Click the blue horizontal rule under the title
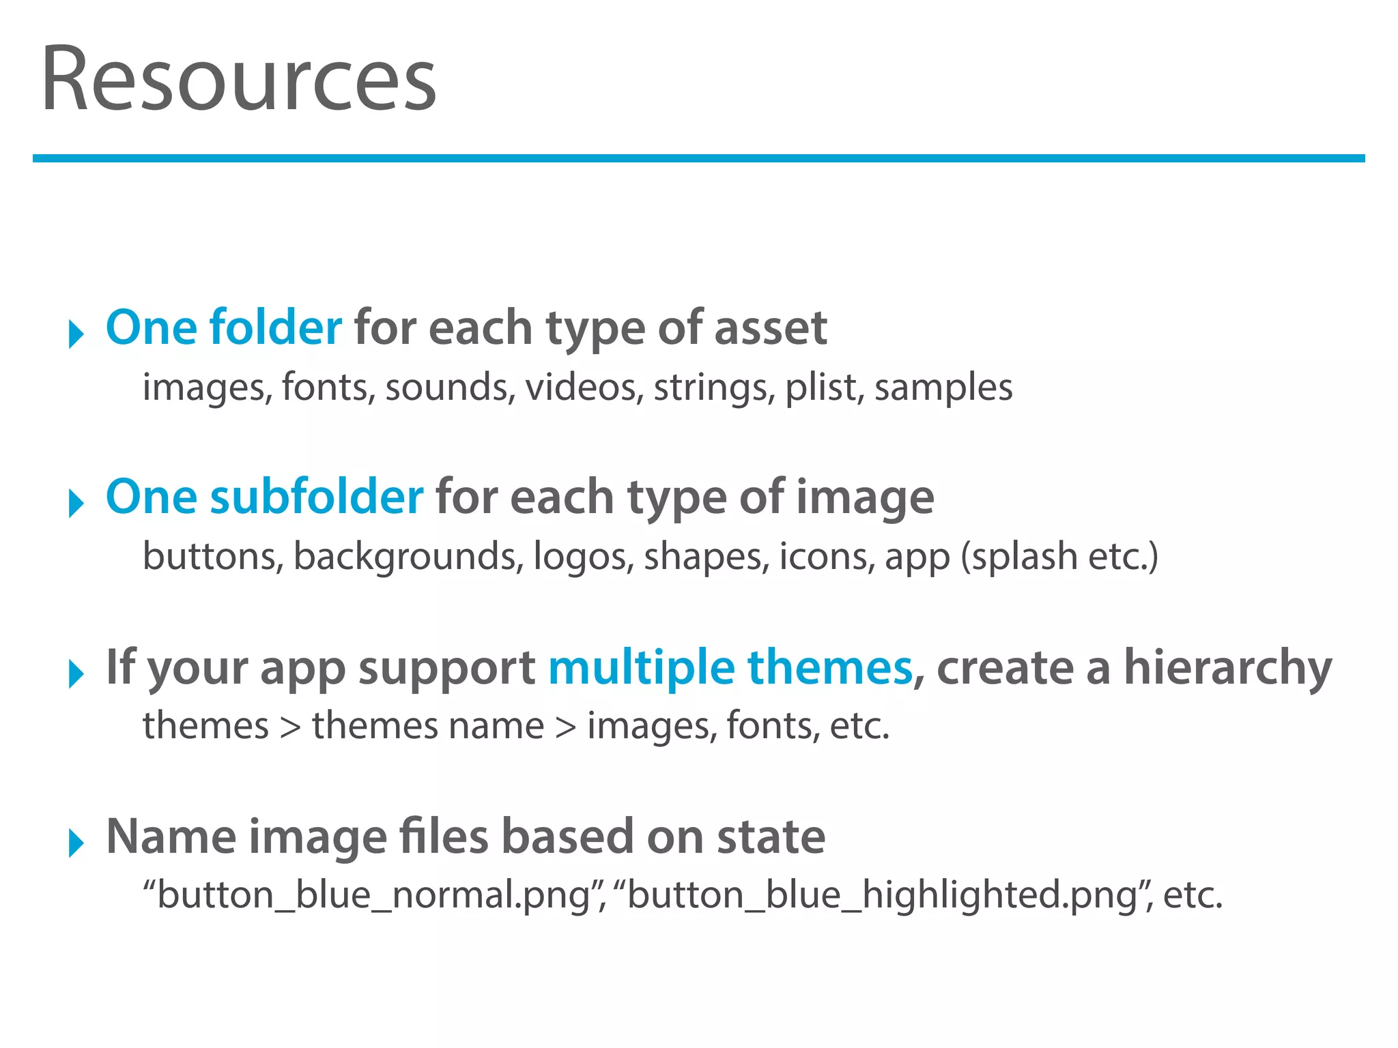pyautogui.click(x=698, y=158)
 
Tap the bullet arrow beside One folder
pyautogui.click(x=76, y=334)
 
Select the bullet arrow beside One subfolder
pyautogui.click(x=76, y=504)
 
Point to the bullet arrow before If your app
pyautogui.click(x=76, y=673)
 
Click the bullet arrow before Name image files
pyautogui.click(x=76, y=843)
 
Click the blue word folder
pyautogui.click(x=275, y=327)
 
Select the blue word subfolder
pyautogui.click(x=317, y=497)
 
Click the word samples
pyautogui.click(x=943, y=388)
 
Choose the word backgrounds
pyautogui.click(x=404, y=557)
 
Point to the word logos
pyautogui.click(x=580, y=557)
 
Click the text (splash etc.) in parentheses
pyautogui.click(x=1059, y=557)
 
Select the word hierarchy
pyautogui.click(x=1227, y=667)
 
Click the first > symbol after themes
pyautogui.click(x=290, y=726)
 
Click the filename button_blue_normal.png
pyautogui.click(x=373, y=895)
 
